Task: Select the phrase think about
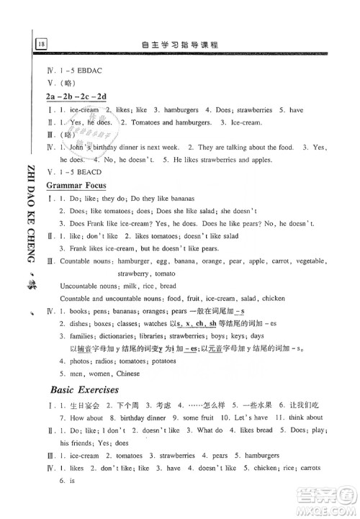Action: point(305,417)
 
